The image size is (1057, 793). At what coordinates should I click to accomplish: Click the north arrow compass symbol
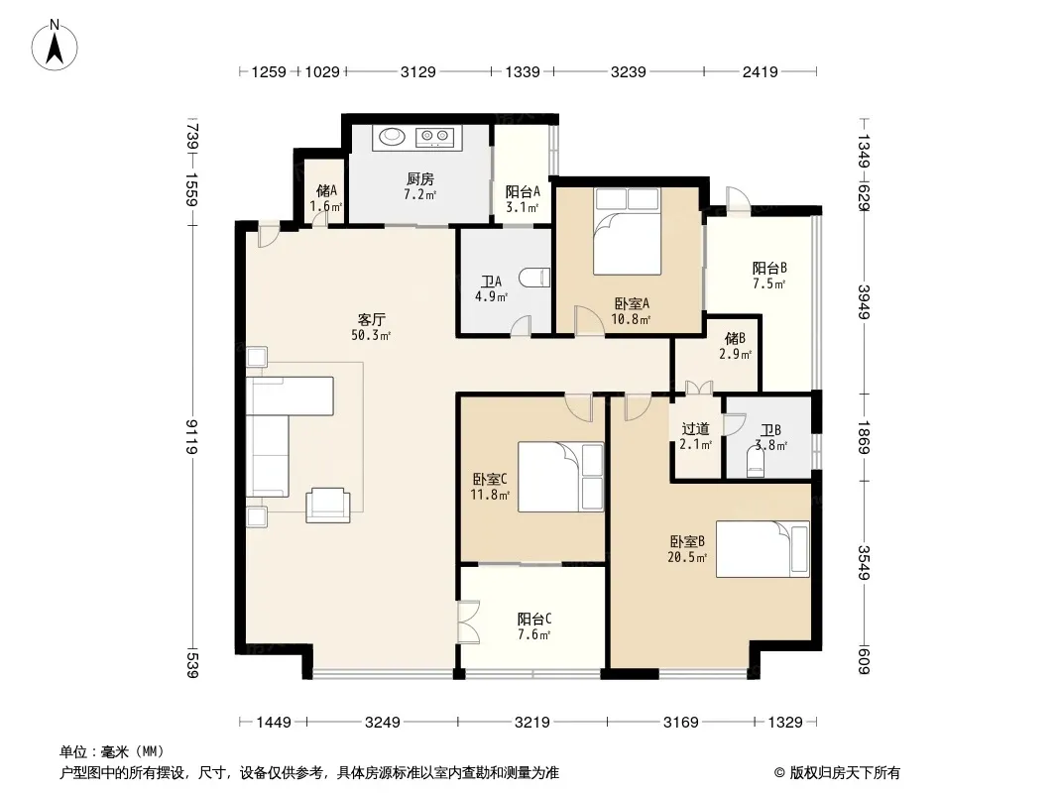tap(55, 46)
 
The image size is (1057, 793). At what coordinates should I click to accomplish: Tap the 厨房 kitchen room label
tap(420, 179)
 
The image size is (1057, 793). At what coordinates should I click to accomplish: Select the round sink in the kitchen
tap(391, 137)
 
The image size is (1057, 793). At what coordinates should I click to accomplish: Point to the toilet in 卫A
tap(534, 277)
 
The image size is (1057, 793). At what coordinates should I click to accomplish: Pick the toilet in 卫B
tap(756, 464)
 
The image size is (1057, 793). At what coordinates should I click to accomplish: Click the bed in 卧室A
tap(627, 231)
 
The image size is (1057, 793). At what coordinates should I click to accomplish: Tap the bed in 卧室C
tap(561, 477)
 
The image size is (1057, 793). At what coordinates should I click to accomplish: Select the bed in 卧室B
tap(763, 548)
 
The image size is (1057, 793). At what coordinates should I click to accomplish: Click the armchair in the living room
tap(328, 506)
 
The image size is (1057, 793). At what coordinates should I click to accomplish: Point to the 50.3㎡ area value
tap(371, 335)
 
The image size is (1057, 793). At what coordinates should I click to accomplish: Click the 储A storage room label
tap(326, 191)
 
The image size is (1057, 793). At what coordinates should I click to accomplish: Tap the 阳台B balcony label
tap(769, 269)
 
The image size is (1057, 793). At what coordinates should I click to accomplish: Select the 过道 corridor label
tap(696, 428)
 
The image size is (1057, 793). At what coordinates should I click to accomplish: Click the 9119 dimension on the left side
tap(192, 436)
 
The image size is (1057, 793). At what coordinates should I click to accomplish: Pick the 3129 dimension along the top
tap(418, 71)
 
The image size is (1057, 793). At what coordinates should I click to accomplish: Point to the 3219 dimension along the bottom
tap(531, 723)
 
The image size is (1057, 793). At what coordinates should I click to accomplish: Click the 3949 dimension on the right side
tap(865, 302)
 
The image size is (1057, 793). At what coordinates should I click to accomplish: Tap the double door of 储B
tap(699, 388)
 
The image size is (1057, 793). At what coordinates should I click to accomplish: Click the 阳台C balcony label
tap(534, 620)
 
